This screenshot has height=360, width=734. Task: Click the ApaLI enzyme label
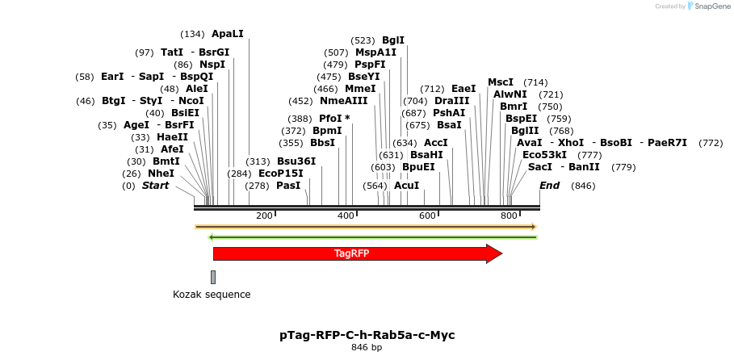(x=227, y=34)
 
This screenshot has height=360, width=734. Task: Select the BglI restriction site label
(x=393, y=40)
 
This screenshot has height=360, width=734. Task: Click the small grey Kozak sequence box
(x=213, y=277)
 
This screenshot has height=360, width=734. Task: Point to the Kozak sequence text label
(x=212, y=295)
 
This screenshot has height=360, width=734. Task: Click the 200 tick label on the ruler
(x=264, y=216)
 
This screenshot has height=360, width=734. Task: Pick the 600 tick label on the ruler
(x=428, y=216)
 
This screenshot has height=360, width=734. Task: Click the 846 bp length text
(x=367, y=348)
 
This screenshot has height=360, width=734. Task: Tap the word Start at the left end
(x=155, y=186)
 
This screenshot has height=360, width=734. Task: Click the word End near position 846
(x=549, y=186)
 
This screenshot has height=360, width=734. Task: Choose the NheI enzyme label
(x=161, y=174)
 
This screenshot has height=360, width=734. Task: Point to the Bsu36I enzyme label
(x=296, y=161)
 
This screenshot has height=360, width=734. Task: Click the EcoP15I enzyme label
(x=281, y=174)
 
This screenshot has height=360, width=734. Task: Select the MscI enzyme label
(x=501, y=82)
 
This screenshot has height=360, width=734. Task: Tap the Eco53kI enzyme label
(x=544, y=155)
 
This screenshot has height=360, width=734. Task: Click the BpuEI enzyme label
(x=418, y=167)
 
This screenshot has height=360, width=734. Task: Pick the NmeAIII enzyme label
(x=343, y=101)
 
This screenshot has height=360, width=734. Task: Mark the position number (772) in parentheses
(x=711, y=143)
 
